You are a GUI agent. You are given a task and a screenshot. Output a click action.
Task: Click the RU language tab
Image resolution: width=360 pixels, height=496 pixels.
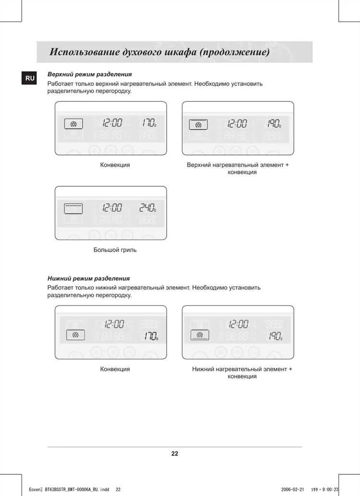click(x=29, y=79)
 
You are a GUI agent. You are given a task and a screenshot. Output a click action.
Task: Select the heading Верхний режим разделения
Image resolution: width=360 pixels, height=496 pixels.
click(x=90, y=75)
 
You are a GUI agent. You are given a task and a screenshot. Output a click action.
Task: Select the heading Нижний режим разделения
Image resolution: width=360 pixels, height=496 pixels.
click(x=88, y=278)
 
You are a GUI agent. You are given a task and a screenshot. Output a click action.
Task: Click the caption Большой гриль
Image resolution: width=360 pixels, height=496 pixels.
click(x=115, y=250)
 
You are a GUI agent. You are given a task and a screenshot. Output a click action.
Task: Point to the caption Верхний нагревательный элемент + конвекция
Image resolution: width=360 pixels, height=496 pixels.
click(x=238, y=168)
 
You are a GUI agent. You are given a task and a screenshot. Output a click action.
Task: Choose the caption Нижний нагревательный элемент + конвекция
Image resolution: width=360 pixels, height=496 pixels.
click(x=242, y=373)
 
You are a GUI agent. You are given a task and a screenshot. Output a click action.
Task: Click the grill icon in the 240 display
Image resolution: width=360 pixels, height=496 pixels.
click(x=73, y=208)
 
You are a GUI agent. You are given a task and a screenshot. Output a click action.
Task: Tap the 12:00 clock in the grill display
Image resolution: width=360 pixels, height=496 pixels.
click(x=111, y=208)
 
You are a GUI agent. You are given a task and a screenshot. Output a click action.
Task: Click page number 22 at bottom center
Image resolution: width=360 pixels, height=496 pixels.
click(x=175, y=453)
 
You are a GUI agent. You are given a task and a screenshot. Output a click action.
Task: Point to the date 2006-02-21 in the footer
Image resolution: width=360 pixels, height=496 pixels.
click(x=292, y=489)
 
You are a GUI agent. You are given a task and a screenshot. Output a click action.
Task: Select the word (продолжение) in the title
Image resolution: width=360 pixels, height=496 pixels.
click(x=234, y=52)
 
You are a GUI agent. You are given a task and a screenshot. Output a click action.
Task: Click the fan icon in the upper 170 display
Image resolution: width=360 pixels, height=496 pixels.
click(x=73, y=124)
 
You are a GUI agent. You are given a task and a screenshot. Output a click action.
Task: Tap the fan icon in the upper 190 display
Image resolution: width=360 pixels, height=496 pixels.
click(x=198, y=125)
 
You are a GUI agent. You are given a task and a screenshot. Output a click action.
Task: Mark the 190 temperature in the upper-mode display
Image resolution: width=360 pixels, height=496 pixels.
click(x=274, y=123)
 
